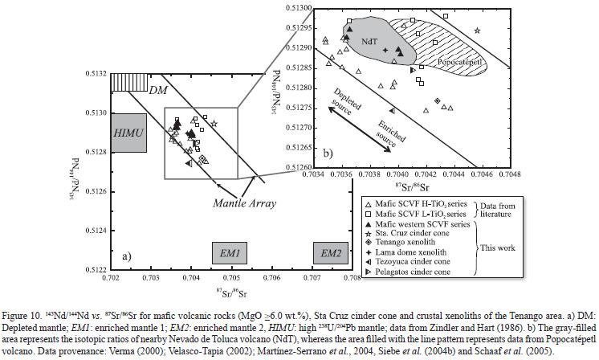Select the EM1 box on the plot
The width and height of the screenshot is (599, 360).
pos(231,253)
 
